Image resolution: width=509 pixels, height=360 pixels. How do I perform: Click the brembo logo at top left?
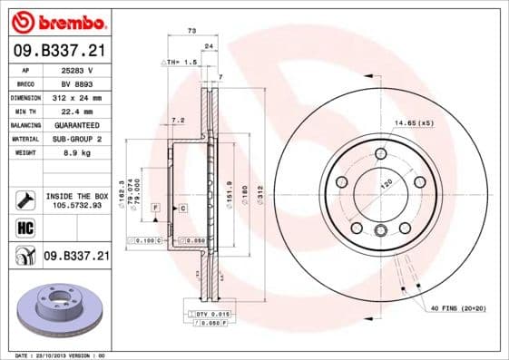tap(57, 19)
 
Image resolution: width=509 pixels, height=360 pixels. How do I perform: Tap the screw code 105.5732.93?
tap(76, 205)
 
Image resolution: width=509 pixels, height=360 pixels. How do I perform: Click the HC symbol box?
tap(24, 228)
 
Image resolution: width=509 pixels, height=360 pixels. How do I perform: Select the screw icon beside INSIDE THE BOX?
tap(24, 199)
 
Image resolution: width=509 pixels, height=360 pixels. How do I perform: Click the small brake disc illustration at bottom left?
tap(60, 305)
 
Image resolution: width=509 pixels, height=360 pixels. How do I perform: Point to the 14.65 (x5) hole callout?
tap(414, 122)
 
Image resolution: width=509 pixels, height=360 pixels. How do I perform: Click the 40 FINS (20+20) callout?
tap(458, 308)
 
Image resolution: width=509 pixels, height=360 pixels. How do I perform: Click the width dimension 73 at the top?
tap(191, 32)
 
